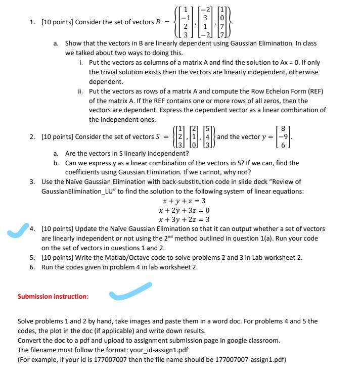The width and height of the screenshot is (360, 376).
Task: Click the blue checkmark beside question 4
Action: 16,231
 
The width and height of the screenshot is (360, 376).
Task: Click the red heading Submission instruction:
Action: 53,296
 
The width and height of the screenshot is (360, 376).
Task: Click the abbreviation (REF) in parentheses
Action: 313,91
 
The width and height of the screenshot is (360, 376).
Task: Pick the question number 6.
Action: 31,267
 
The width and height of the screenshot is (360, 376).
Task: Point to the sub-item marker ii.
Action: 81,91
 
